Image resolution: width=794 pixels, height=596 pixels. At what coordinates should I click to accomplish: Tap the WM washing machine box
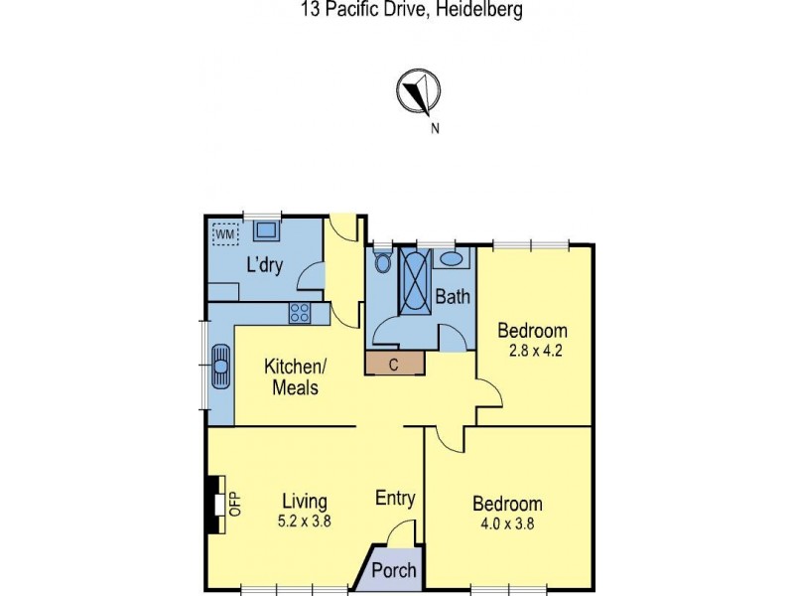226,234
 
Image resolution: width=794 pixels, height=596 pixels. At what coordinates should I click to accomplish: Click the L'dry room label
265,265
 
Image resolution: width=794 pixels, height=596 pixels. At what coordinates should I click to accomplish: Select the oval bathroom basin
452,259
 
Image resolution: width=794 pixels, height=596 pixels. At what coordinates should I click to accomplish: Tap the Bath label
453,296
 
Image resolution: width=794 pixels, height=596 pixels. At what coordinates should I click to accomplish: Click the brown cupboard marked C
394,364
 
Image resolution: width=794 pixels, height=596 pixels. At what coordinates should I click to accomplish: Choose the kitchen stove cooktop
301,313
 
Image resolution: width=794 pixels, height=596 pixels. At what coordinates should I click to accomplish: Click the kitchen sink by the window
220,366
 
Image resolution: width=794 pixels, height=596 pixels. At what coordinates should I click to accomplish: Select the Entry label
395,499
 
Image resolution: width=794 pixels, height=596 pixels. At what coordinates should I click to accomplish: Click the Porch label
394,571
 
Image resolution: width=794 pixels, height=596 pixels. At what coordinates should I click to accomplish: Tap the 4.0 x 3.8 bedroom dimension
507,524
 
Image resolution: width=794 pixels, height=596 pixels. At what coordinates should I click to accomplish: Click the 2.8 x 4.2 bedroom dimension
532,350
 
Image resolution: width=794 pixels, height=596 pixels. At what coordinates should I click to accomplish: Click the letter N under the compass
435,127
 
